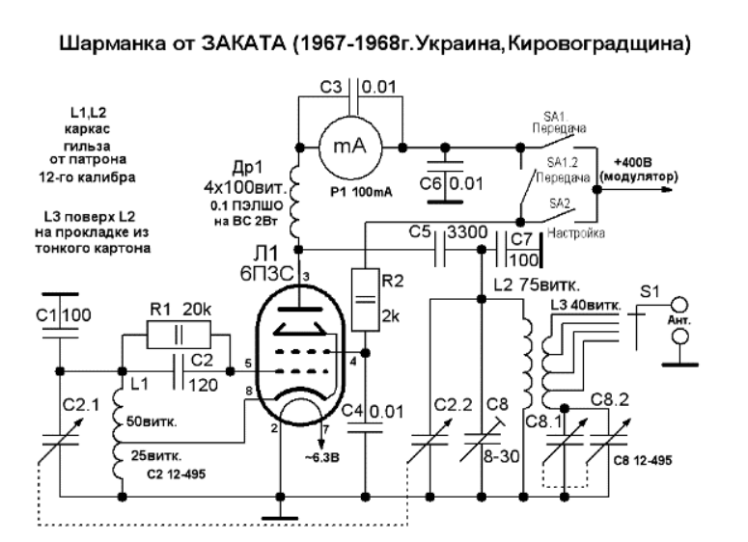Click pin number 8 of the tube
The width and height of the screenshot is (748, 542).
click(x=251, y=391)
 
